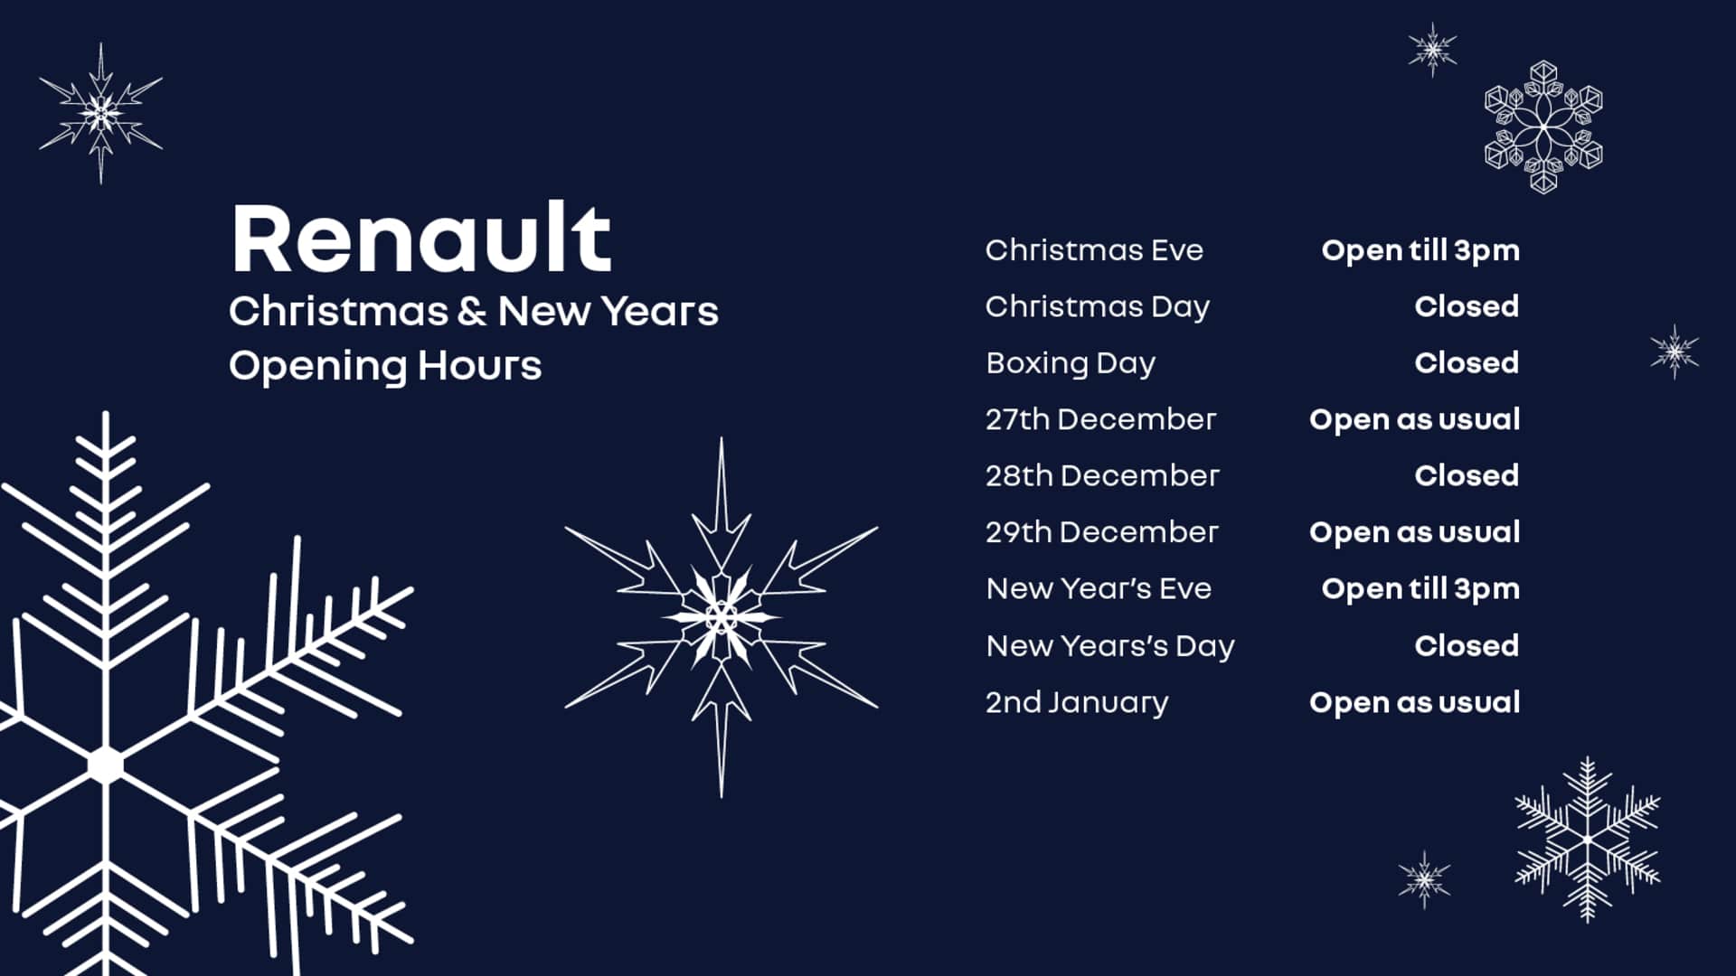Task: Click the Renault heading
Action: pyautogui.click(x=421, y=239)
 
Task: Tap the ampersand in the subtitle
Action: pyautogui.click(x=472, y=311)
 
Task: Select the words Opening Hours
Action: pyautogui.click(x=385, y=366)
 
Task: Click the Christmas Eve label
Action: pyautogui.click(x=1094, y=250)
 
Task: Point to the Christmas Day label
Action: pyautogui.click(x=1097, y=307)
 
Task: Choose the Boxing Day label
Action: pyautogui.click(x=1071, y=363)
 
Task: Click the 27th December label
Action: pyautogui.click(x=1100, y=419)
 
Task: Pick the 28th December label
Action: pyautogui.click(x=1102, y=475)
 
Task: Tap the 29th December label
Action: pyautogui.click(x=1101, y=532)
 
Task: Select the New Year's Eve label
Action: pyautogui.click(x=1099, y=588)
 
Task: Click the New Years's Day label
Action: pyautogui.click(x=1109, y=646)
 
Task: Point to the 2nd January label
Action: pyautogui.click(x=1077, y=702)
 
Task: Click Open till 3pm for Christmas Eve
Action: pyautogui.click(x=1420, y=250)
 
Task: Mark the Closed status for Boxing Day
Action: pyautogui.click(x=1466, y=363)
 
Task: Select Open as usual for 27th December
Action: pyautogui.click(x=1414, y=419)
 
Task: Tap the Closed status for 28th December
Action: pyautogui.click(x=1466, y=475)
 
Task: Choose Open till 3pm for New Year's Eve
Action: pyautogui.click(x=1420, y=589)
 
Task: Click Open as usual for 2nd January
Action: pyautogui.click(x=1414, y=702)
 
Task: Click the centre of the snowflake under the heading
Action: pyautogui.click(x=721, y=618)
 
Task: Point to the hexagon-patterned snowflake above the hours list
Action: pyautogui.click(x=1543, y=127)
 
